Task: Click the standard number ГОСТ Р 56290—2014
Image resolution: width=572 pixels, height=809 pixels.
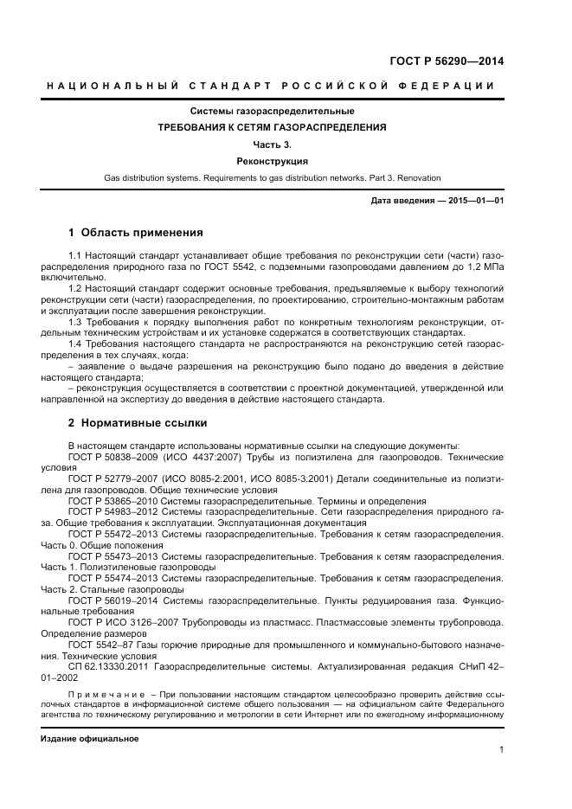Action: [x=447, y=61]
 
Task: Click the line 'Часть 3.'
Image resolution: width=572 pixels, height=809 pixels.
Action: [x=273, y=144]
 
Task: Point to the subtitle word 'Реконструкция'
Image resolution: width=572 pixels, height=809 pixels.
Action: [x=273, y=161]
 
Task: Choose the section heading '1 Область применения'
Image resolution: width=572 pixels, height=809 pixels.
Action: [x=135, y=232]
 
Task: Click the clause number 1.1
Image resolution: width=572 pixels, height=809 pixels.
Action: [x=74, y=257]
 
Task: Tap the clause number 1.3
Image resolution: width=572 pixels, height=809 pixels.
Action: [x=74, y=322]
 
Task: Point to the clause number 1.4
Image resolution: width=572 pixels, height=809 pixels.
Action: [x=74, y=344]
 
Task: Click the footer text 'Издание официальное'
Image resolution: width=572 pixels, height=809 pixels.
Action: [x=90, y=740]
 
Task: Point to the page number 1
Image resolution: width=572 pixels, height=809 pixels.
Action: [x=501, y=750]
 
